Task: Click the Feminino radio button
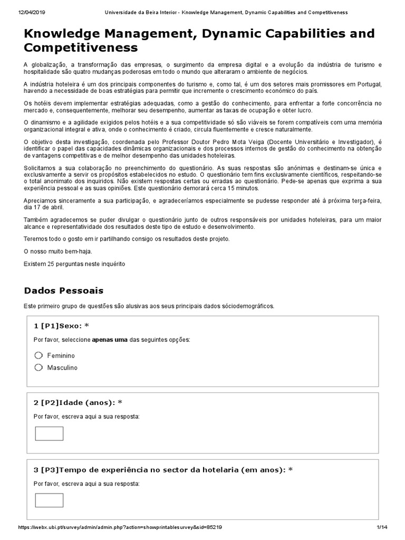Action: click(x=38, y=355)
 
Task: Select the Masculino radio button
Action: click(x=38, y=367)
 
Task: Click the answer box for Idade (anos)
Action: click(x=49, y=433)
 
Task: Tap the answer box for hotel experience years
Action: click(x=49, y=500)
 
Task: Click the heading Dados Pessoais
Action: click(x=64, y=291)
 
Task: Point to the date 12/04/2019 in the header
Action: click(x=18, y=12)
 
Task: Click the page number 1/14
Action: click(x=381, y=527)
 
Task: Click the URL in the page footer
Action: click(x=120, y=527)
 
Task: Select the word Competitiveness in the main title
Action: click(x=81, y=48)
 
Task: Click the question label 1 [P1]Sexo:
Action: click(x=60, y=326)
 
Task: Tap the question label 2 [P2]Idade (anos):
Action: click(x=78, y=402)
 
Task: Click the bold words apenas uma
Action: click(x=110, y=340)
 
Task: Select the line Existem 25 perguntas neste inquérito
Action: click(x=75, y=264)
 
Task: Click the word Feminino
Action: click(x=61, y=355)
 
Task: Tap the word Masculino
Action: click(x=62, y=368)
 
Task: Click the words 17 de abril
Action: click(x=45, y=208)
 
